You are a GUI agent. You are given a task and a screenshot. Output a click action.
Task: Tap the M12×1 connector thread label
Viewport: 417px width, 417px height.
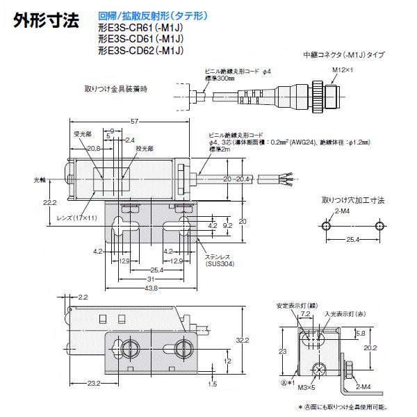(x=340, y=70)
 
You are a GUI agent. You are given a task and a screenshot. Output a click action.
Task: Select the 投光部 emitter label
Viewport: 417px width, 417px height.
(x=145, y=148)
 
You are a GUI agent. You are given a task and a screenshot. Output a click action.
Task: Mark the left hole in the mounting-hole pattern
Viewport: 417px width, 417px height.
(x=325, y=226)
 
